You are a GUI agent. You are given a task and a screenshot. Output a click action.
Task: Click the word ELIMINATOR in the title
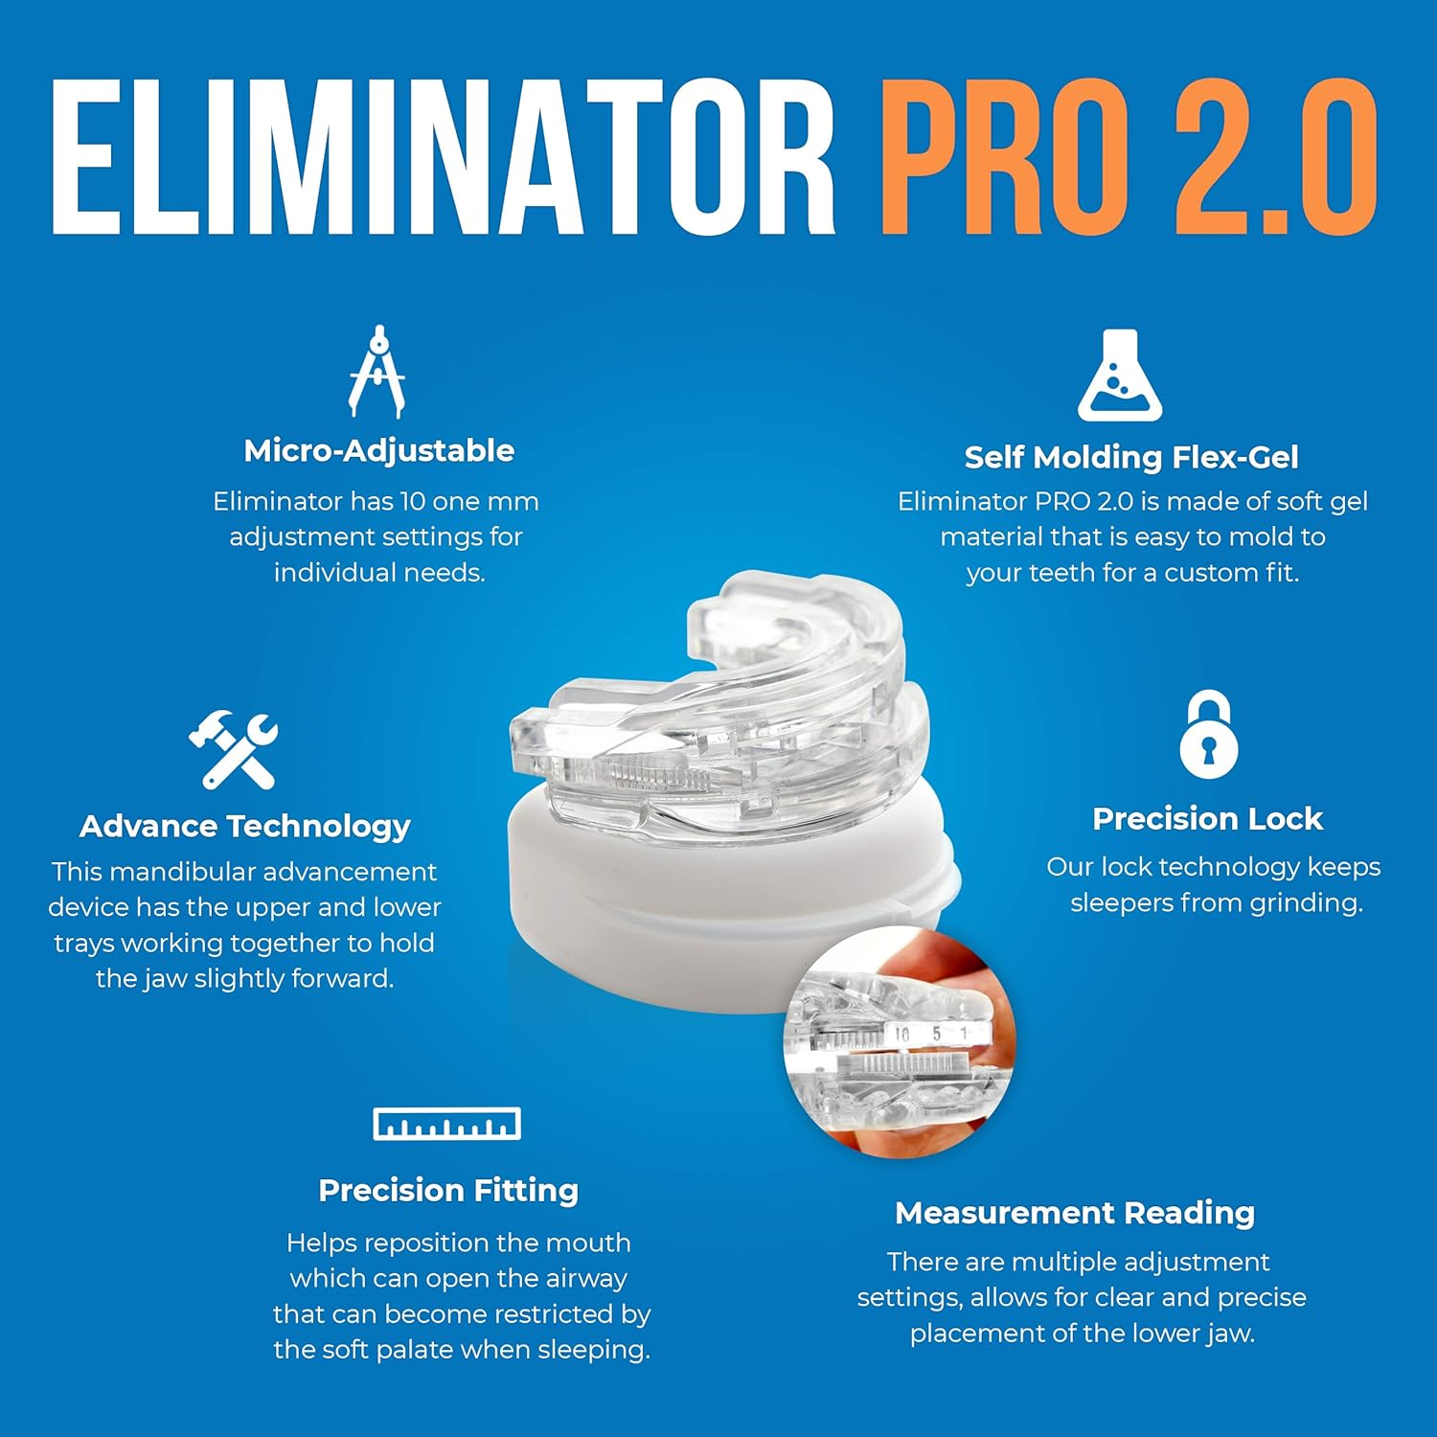click(x=443, y=158)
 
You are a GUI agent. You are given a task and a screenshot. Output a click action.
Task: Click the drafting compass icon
click(x=377, y=372)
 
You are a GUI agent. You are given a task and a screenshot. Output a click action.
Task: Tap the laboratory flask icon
click(x=1119, y=376)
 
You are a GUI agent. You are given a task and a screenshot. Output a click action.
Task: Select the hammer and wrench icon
click(x=233, y=749)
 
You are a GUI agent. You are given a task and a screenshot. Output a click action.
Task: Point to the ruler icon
click(x=446, y=1124)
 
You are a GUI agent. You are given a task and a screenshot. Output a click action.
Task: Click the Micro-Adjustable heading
click(x=378, y=450)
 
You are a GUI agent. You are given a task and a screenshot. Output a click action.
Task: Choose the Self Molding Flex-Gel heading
click(x=1131, y=457)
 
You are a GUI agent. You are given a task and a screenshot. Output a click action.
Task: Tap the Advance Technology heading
click(x=244, y=826)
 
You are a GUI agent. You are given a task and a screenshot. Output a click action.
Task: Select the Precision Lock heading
click(x=1207, y=819)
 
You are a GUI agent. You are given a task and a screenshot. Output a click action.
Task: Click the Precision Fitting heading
click(x=448, y=1190)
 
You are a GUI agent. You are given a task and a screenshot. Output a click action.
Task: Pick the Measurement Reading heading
click(x=1075, y=1213)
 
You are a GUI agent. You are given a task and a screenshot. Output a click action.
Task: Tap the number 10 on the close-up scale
click(x=901, y=1034)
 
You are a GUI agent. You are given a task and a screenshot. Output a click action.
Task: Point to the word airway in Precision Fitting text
click(x=581, y=1278)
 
